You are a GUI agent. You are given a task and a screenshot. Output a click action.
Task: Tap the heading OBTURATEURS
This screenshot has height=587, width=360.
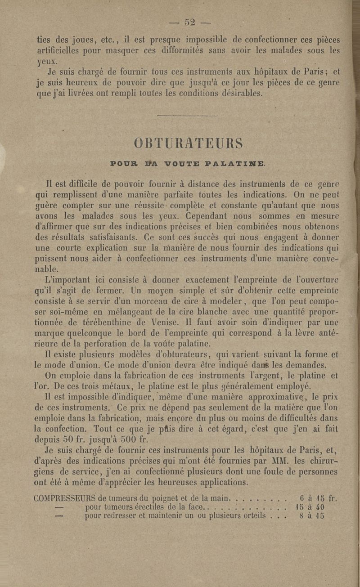click(x=189, y=143)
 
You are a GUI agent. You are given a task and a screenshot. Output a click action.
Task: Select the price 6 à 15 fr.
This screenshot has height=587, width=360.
click(x=318, y=498)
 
